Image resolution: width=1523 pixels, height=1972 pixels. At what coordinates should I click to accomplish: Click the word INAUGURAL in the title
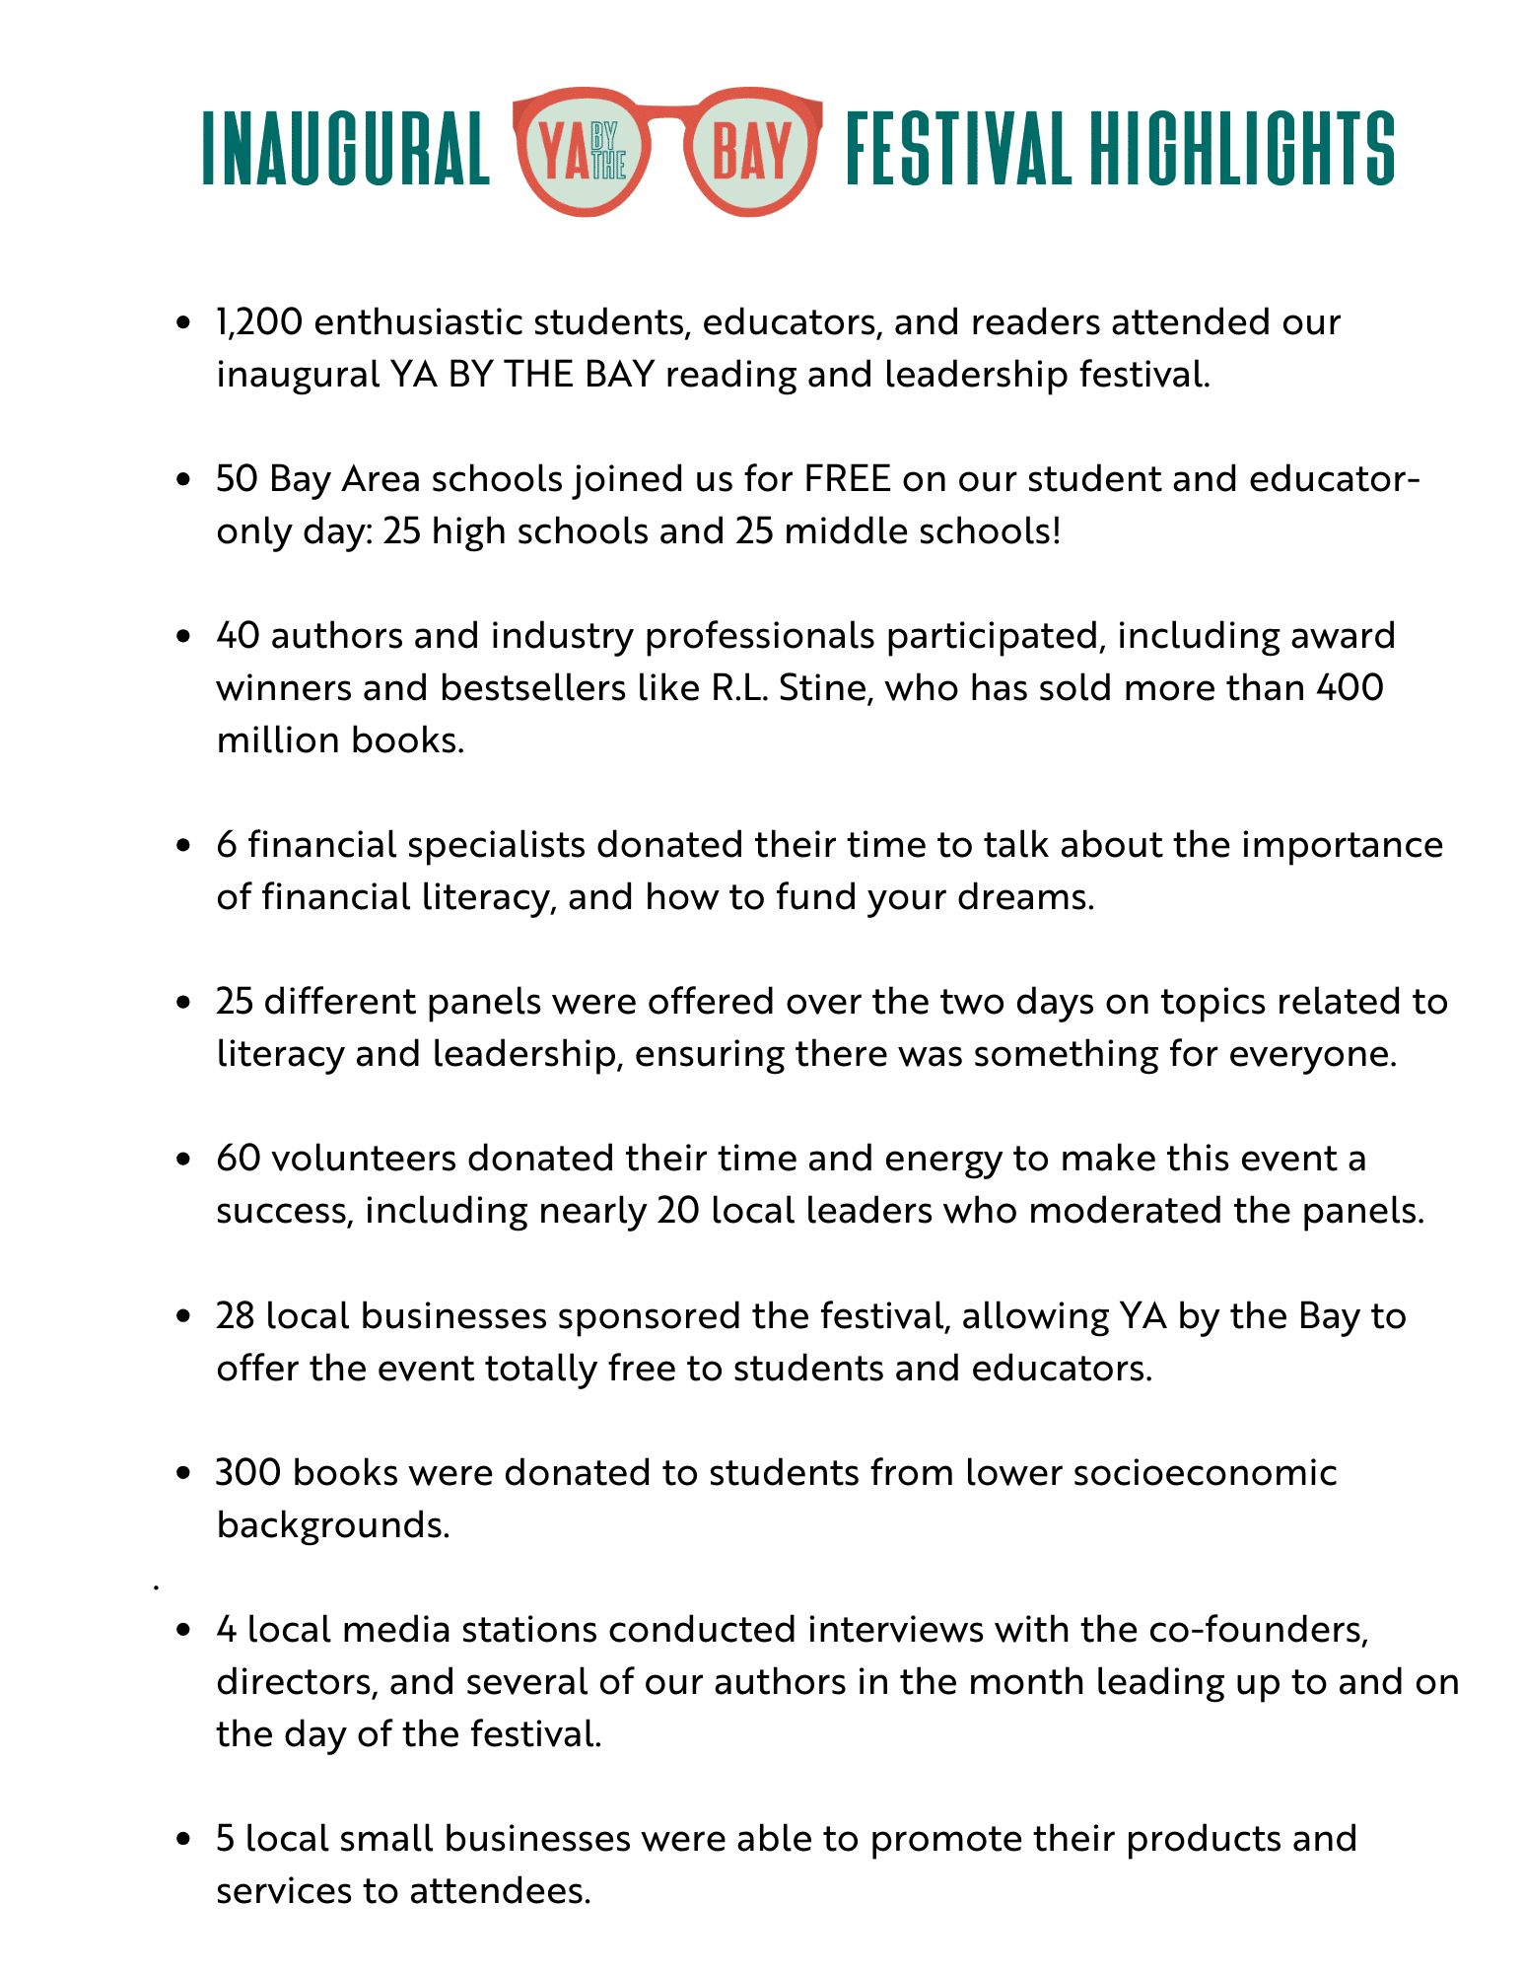coord(346,149)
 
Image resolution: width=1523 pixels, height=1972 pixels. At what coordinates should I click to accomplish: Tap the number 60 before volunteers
coord(238,1158)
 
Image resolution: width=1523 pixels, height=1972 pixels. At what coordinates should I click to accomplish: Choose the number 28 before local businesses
coord(237,1315)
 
